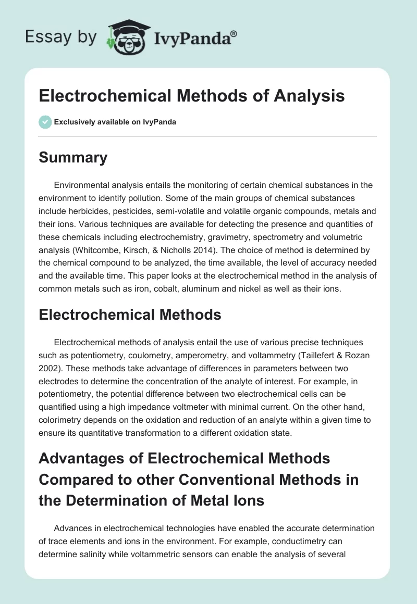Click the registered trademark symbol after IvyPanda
234,33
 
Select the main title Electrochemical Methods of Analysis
192,96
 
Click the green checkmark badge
45,122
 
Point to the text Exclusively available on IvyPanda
115,122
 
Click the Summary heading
73,157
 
